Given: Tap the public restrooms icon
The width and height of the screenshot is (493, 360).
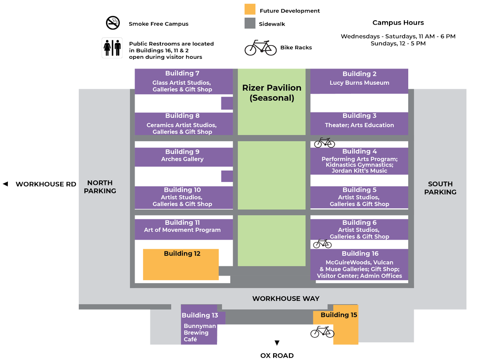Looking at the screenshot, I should (x=112, y=48).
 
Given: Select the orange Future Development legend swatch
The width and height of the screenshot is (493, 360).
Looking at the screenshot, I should (x=250, y=10).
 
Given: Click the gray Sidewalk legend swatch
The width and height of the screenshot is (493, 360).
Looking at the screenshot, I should (x=250, y=23).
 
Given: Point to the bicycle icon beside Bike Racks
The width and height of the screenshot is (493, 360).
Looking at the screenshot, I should (x=261, y=47).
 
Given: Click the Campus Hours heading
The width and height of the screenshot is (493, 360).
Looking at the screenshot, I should (x=398, y=23).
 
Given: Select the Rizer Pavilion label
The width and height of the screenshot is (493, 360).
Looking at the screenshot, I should (x=272, y=93).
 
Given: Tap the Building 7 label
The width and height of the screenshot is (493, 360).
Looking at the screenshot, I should (x=182, y=73).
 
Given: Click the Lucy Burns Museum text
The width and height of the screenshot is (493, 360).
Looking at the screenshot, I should (x=359, y=83).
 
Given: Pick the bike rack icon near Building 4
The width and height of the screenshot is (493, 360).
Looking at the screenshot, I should (x=324, y=143).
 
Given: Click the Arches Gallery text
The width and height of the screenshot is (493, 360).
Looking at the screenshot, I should (x=182, y=159).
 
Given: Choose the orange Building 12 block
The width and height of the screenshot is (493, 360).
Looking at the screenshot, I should (x=181, y=265).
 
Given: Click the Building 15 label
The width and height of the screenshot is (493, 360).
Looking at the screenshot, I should (x=339, y=315).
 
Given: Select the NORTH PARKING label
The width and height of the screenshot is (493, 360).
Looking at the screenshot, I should (x=100, y=187).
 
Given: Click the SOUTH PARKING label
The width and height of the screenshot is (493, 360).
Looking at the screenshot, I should (x=440, y=188).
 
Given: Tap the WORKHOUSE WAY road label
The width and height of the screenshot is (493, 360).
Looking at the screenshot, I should (x=286, y=298).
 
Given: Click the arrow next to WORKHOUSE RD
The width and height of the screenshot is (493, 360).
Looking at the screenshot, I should (x=5, y=184).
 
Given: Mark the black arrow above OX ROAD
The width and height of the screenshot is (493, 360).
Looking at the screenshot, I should (x=277, y=343).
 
